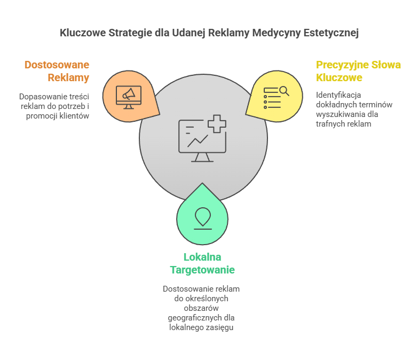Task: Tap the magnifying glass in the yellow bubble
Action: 283,91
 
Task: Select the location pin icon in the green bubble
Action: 202,217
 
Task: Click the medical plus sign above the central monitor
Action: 217,123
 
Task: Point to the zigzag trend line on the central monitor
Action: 198,140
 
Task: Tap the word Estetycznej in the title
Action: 332,33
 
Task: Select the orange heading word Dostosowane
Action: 57,65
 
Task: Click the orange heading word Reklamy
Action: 68,77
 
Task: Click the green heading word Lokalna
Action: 202,257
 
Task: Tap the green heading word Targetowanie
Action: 202,269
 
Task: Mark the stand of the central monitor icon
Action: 202,158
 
